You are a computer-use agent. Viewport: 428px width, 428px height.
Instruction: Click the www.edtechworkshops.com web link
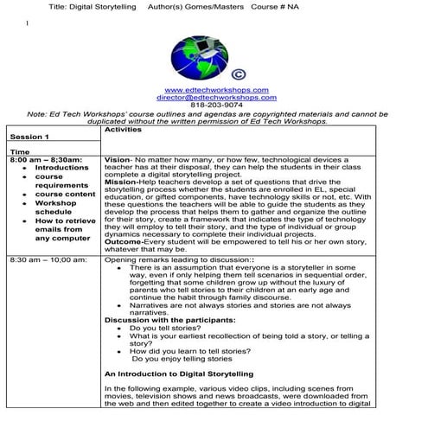point(215,90)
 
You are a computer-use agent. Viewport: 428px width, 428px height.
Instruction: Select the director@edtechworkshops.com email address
point(215,98)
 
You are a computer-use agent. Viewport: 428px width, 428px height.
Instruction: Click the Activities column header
point(122,129)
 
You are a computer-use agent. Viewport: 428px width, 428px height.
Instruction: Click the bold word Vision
point(116,160)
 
